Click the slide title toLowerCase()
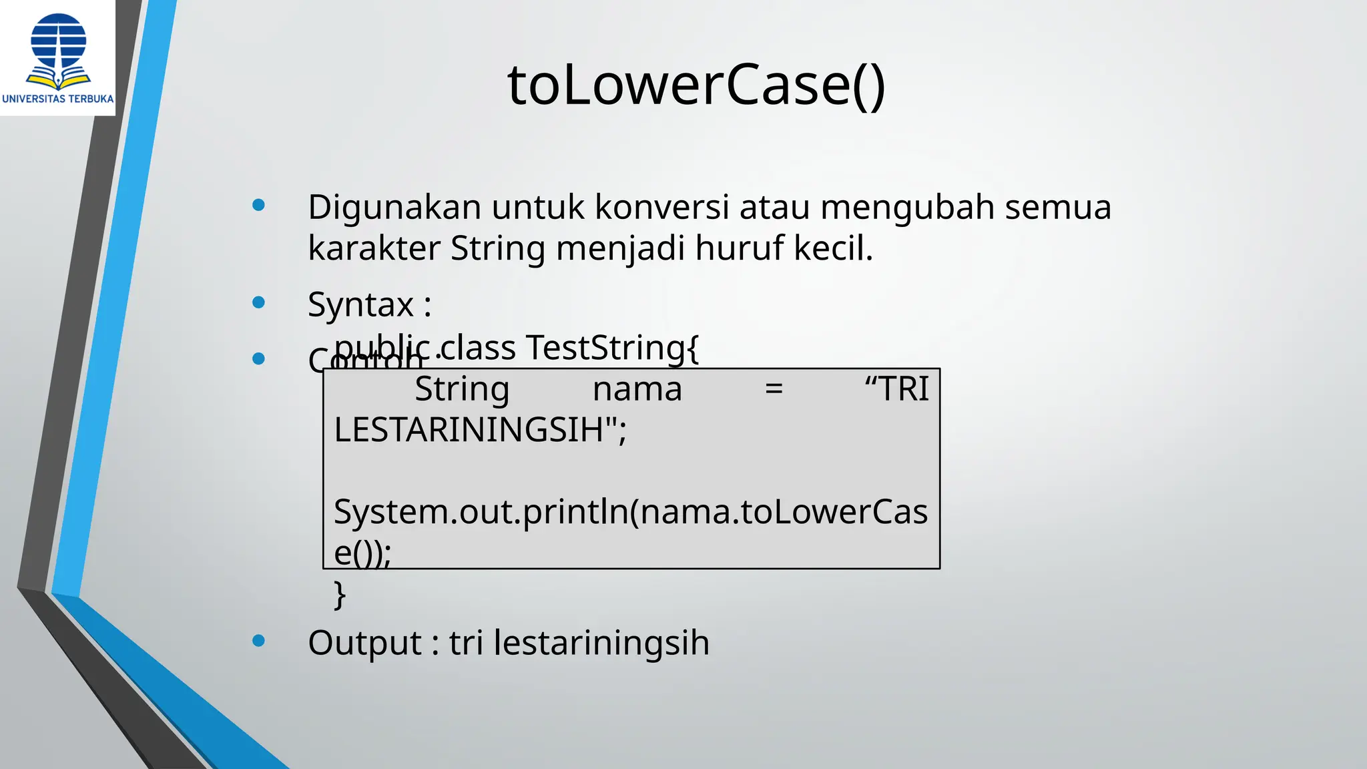click(x=696, y=85)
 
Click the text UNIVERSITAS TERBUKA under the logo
click(x=58, y=99)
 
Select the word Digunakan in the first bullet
click(x=394, y=208)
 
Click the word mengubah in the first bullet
click(x=907, y=208)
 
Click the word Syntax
click(x=361, y=306)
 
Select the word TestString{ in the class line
click(x=612, y=348)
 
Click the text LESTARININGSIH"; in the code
click(x=480, y=430)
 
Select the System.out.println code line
click(x=630, y=512)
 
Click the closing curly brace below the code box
click(x=340, y=594)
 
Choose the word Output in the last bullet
click(x=364, y=643)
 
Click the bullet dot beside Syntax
click(x=259, y=302)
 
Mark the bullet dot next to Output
click(x=259, y=641)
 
